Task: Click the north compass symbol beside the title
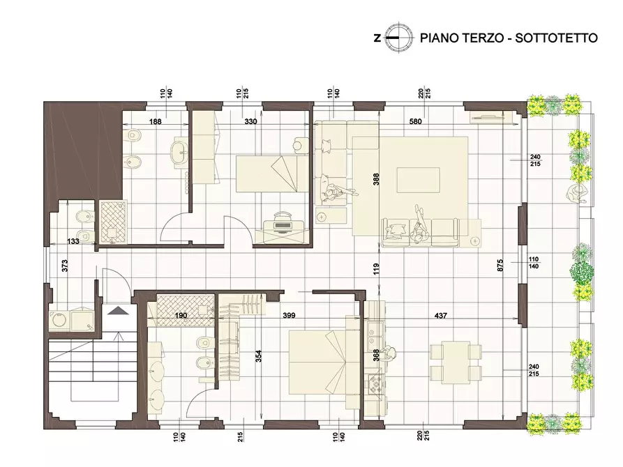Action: (x=399, y=38)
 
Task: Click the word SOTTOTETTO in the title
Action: (x=556, y=38)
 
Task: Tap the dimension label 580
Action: (x=415, y=121)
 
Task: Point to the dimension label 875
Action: (x=500, y=265)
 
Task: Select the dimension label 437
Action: (x=441, y=316)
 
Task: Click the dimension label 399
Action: (x=289, y=316)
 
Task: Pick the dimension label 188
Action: (x=155, y=121)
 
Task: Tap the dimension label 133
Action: (x=73, y=241)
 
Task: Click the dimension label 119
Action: (x=377, y=269)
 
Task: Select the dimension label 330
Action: (x=250, y=121)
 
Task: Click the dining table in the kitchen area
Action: (x=456, y=362)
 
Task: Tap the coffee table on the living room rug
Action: (x=418, y=181)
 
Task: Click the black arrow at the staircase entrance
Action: (x=119, y=310)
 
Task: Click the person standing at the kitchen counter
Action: (x=388, y=353)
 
